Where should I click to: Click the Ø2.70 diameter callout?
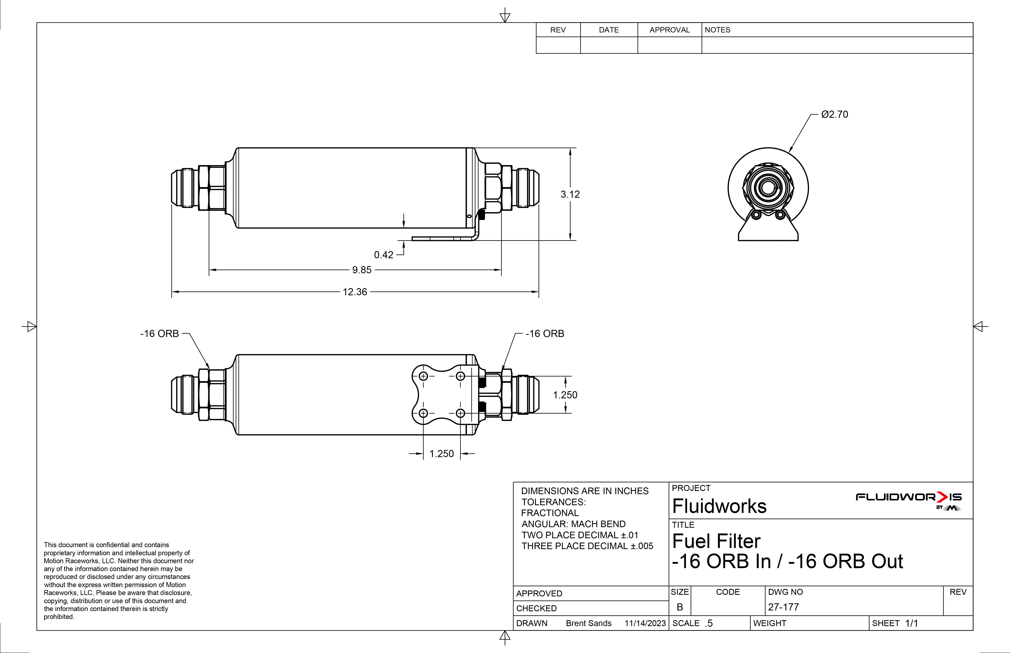(834, 115)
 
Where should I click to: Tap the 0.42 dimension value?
(384, 255)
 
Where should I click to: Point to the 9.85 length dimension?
(362, 270)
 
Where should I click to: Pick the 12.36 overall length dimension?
(355, 292)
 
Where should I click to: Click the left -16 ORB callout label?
(160, 334)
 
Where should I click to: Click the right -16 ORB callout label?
(545, 334)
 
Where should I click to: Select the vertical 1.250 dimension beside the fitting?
(565, 395)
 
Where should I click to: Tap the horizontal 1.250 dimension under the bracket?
(441, 454)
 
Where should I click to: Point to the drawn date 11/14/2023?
(645, 623)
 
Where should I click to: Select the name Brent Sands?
(589, 623)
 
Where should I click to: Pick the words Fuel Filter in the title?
(716, 541)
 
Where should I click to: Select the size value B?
(680, 607)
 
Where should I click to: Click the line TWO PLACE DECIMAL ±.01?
(580, 535)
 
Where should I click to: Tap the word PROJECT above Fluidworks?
(691, 488)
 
